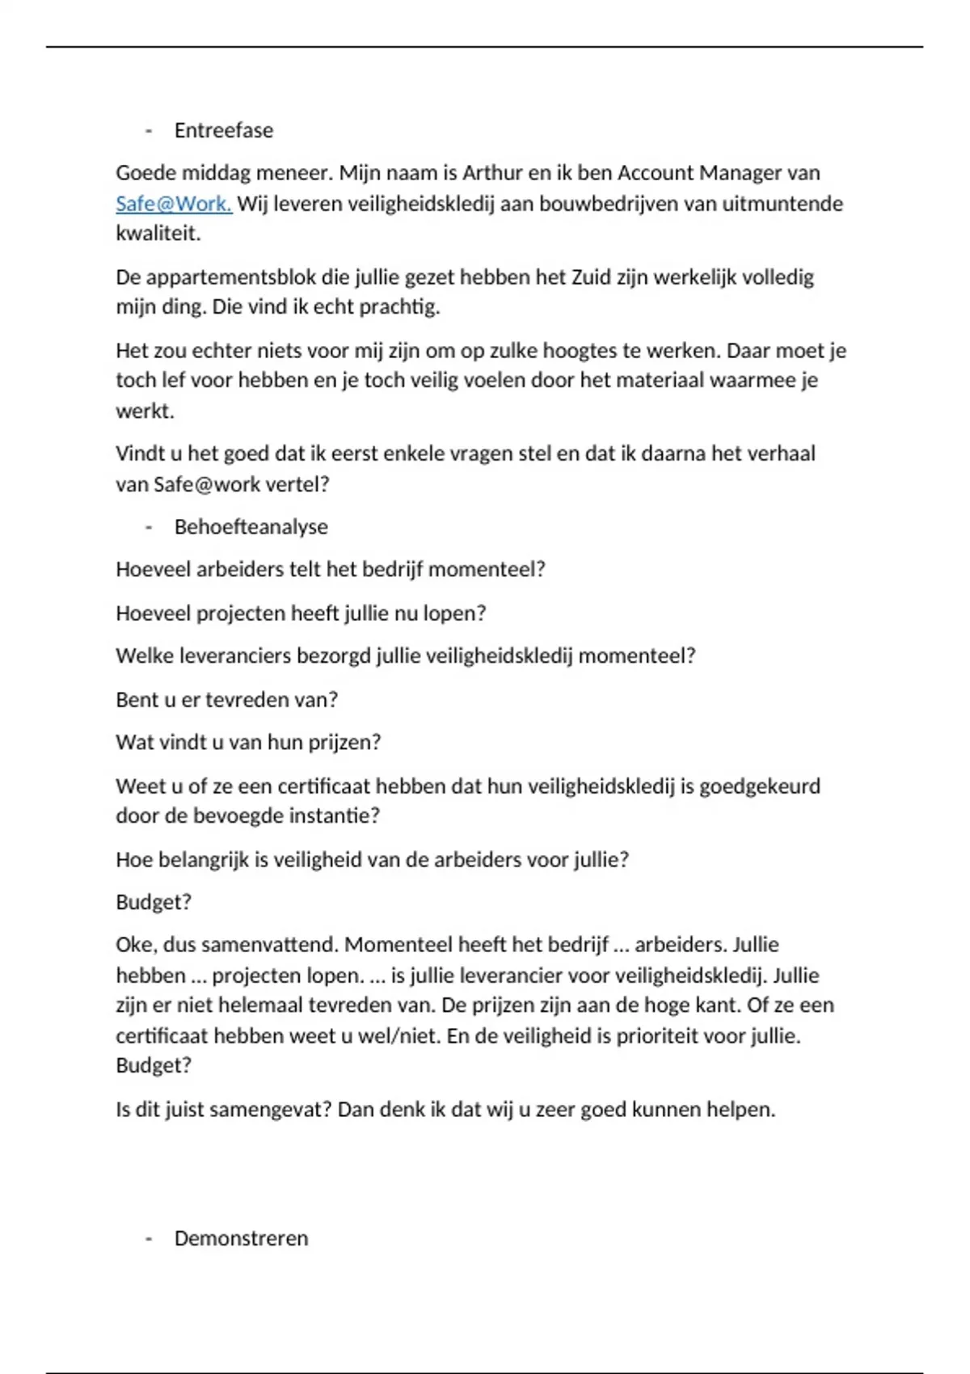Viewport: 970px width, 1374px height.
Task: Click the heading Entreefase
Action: pyautogui.click(x=223, y=130)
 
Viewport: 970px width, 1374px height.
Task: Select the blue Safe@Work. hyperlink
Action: pyautogui.click(x=174, y=204)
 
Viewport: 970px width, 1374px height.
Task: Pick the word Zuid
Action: pyautogui.click(x=590, y=277)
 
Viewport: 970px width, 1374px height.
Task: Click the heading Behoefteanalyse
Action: pyautogui.click(x=251, y=527)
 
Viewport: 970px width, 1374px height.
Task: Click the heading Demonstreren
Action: pyautogui.click(x=241, y=1238)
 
